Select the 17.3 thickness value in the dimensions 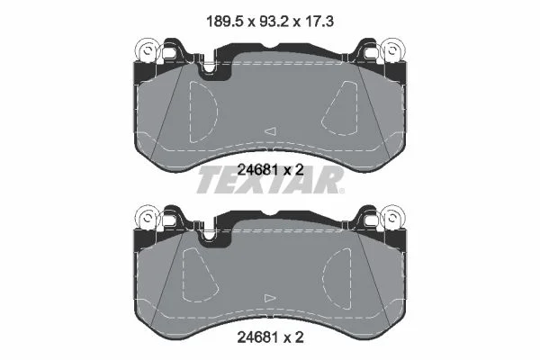tap(319, 22)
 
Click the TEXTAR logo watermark tap(270, 180)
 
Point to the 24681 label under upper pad tap(257, 169)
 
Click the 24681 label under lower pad tap(257, 337)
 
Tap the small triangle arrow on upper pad tap(271, 130)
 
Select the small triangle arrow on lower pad tap(270, 298)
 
